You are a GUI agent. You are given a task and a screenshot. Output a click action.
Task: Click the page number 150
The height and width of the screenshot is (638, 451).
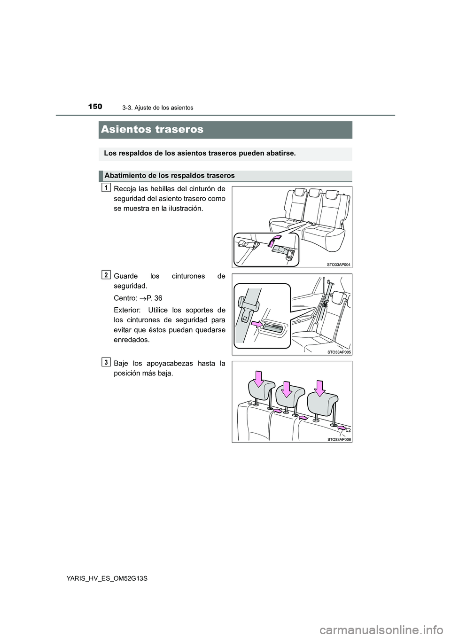[x=94, y=107]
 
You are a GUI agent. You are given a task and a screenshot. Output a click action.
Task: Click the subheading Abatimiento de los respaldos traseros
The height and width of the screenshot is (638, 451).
[x=170, y=176]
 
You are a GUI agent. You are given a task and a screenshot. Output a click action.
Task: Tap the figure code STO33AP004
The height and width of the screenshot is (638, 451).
[x=339, y=265]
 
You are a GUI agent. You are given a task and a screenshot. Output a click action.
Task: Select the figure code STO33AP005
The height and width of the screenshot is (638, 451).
[x=339, y=351]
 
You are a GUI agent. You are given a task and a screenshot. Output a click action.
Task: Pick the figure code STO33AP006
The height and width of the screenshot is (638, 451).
[x=339, y=439]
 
